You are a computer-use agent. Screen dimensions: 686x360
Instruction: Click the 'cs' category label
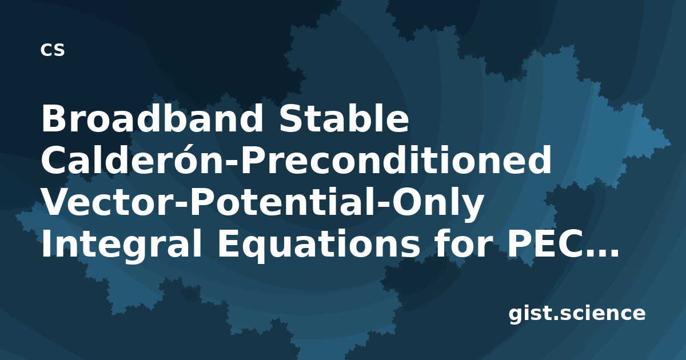pyautogui.click(x=53, y=50)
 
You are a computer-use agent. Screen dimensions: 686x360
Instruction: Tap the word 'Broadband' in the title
pyautogui.click(x=152, y=118)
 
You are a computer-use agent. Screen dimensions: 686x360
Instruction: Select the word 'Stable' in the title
pyautogui.click(x=344, y=118)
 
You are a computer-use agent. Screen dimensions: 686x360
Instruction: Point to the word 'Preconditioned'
pyautogui.click(x=396, y=160)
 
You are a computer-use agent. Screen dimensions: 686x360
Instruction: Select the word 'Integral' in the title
pyautogui.click(x=121, y=242)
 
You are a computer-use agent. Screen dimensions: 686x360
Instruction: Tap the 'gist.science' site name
pyautogui.click(x=577, y=314)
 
